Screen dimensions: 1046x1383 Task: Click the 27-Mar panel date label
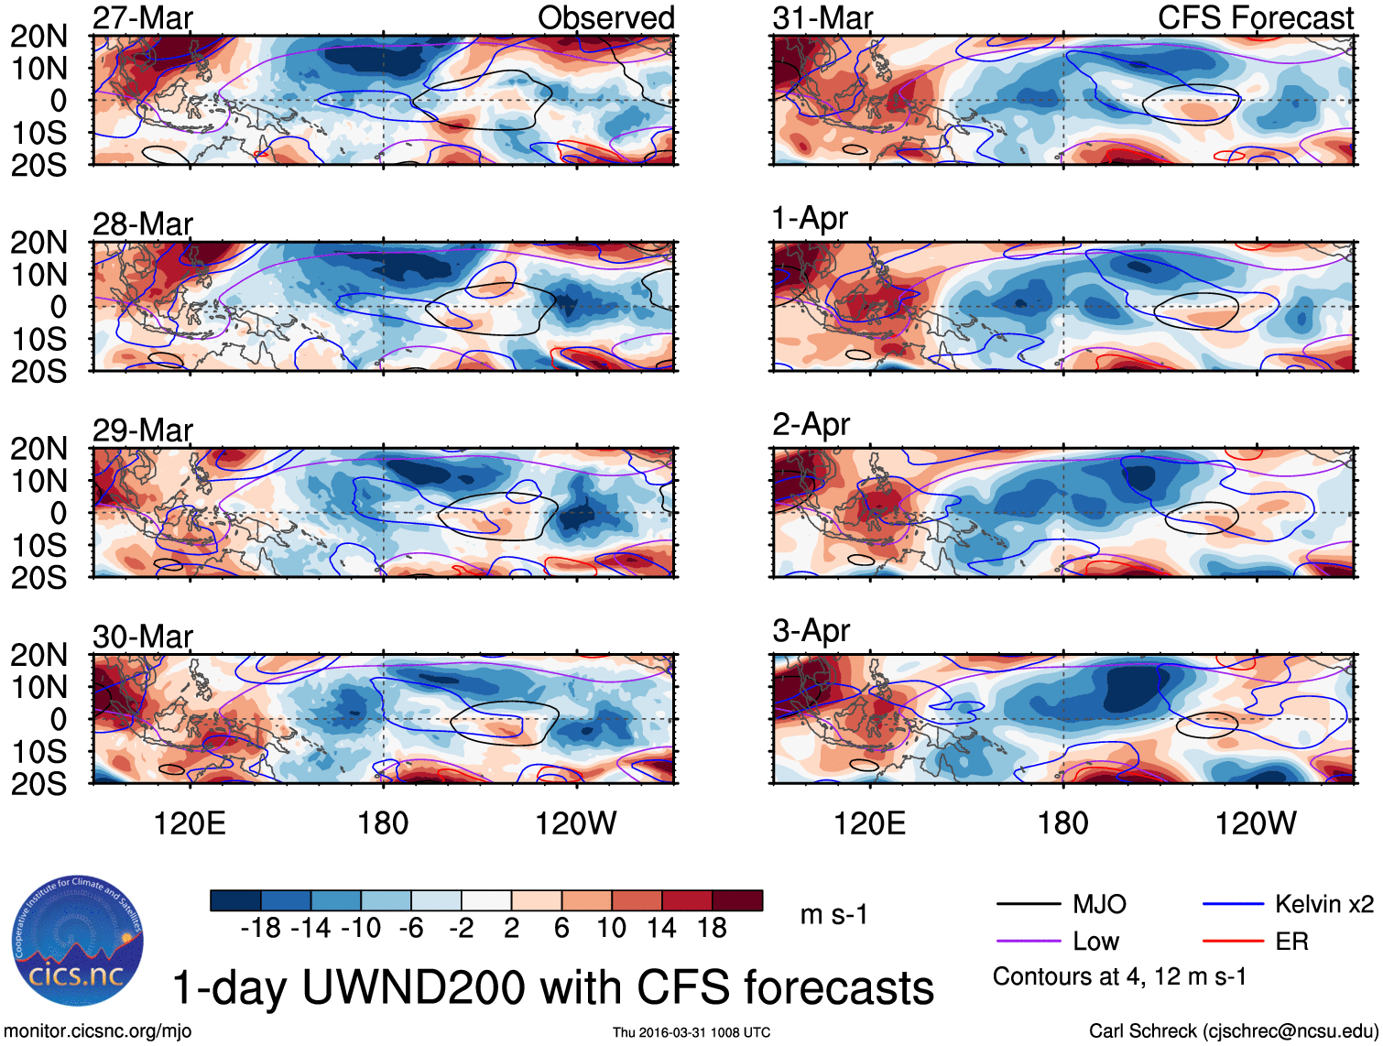pos(143,18)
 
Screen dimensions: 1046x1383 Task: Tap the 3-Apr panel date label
pos(811,631)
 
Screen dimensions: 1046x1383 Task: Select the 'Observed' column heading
pos(605,18)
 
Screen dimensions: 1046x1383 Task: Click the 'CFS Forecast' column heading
pos(1255,18)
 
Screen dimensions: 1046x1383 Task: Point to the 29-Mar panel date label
pos(143,430)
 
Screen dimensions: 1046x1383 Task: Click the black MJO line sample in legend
pos(1028,905)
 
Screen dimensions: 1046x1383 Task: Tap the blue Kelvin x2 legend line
pos(1233,905)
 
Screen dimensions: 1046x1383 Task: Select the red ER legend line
pos(1233,942)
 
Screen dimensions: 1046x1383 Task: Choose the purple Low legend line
pos(1028,942)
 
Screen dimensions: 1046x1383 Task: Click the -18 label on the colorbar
pos(261,929)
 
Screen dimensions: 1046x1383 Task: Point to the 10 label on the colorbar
pos(611,929)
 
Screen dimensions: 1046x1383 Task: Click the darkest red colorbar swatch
pos(737,900)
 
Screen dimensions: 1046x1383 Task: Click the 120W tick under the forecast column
pos(1255,823)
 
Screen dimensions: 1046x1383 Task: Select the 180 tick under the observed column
pos(383,823)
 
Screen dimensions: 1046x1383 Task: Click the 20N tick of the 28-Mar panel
pos(39,243)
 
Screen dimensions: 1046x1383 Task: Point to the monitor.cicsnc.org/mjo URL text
pos(98,1031)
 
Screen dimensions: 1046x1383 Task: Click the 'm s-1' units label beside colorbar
pos(833,915)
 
